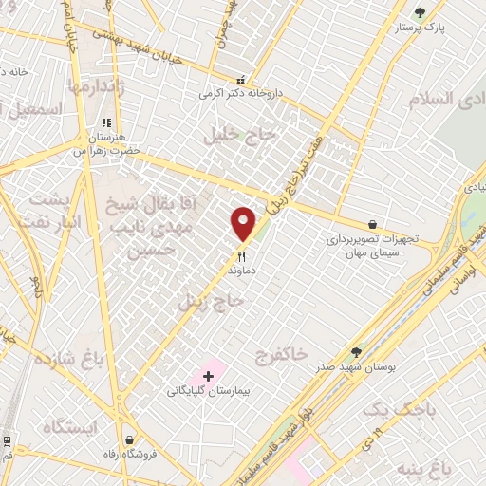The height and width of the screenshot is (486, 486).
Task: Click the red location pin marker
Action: click(x=243, y=224)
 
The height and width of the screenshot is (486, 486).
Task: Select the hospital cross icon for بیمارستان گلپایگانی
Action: click(x=209, y=377)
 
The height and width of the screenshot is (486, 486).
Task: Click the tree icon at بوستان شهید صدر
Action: click(x=356, y=351)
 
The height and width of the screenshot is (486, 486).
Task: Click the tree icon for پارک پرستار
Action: click(x=420, y=12)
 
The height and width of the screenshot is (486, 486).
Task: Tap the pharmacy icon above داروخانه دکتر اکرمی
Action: click(x=241, y=81)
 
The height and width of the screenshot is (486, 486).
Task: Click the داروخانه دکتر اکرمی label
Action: click(x=241, y=95)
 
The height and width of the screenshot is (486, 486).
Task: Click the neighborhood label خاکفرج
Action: click(x=282, y=354)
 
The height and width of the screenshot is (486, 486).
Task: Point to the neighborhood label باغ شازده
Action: click(x=68, y=359)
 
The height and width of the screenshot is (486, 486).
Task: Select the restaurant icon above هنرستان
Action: click(x=106, y=122)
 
